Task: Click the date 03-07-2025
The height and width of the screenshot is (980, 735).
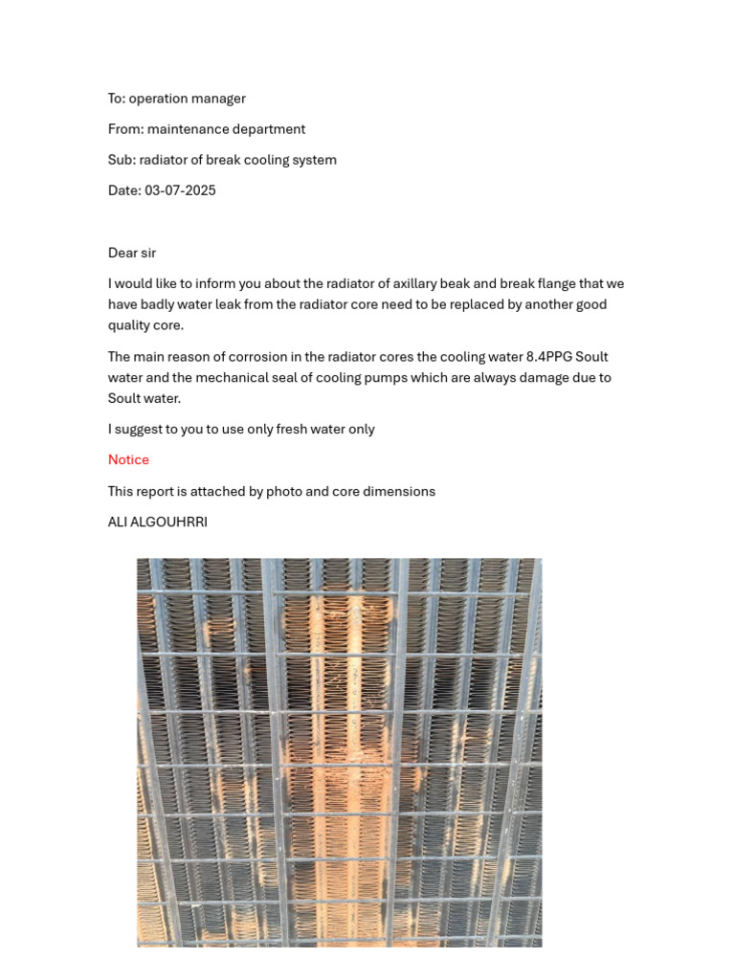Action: coord(180,190)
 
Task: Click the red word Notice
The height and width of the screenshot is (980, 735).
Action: coord(128,460)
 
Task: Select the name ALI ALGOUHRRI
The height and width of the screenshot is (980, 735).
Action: coord(158,523)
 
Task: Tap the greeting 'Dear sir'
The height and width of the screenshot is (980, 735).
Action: coord(132,253)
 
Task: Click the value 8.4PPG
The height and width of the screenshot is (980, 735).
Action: coord(548,357)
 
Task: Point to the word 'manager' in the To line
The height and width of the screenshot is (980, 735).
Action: coord(220,99)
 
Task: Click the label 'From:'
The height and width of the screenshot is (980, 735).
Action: coord(125,129)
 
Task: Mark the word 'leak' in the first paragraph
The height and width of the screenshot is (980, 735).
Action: coord(226,305)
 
